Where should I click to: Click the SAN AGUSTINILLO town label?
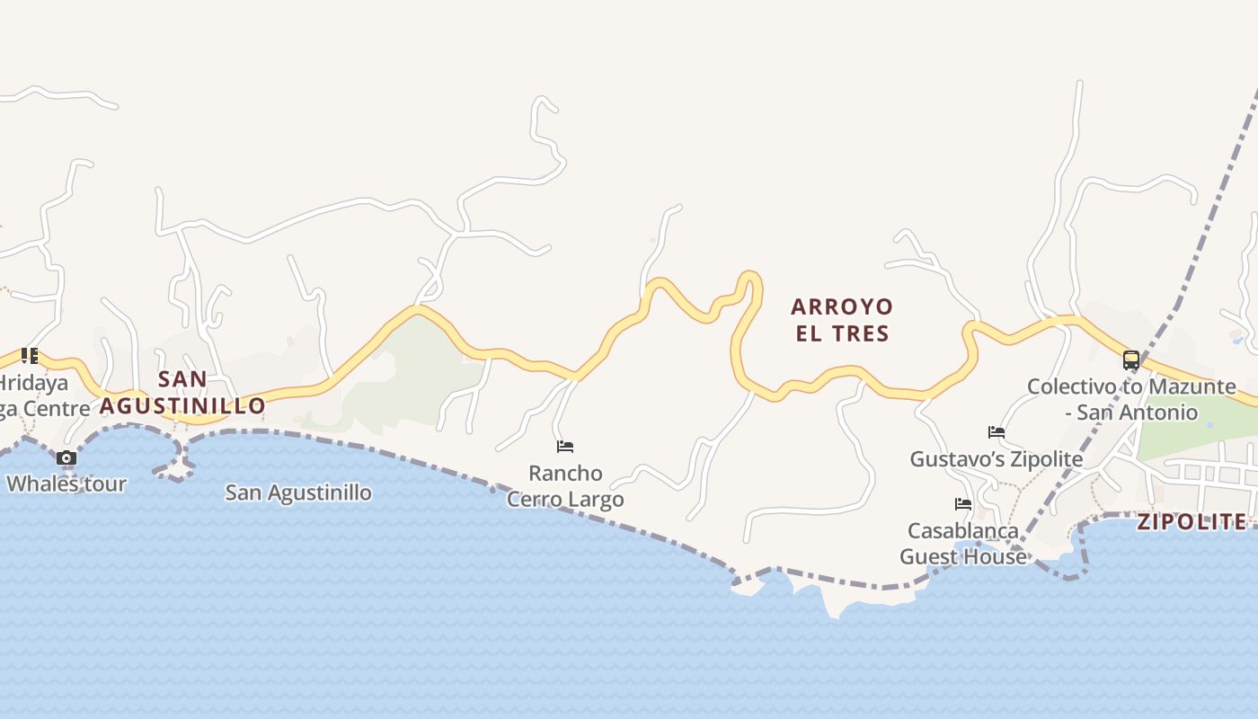182,392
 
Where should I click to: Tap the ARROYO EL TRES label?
842,320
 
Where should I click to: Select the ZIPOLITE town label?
1192,522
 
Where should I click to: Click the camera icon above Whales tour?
66,458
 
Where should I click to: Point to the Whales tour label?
66,484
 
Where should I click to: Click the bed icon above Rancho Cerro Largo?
565,447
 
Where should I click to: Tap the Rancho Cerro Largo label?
565,485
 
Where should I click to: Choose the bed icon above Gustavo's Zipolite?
996,432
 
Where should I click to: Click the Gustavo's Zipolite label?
996,459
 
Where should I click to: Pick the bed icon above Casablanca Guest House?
963,504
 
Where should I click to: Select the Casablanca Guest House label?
963,544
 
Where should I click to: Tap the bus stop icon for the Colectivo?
1131,360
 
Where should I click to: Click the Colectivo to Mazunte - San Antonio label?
1131,399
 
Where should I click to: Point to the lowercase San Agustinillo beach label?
298,493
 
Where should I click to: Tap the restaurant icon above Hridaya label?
30,356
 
